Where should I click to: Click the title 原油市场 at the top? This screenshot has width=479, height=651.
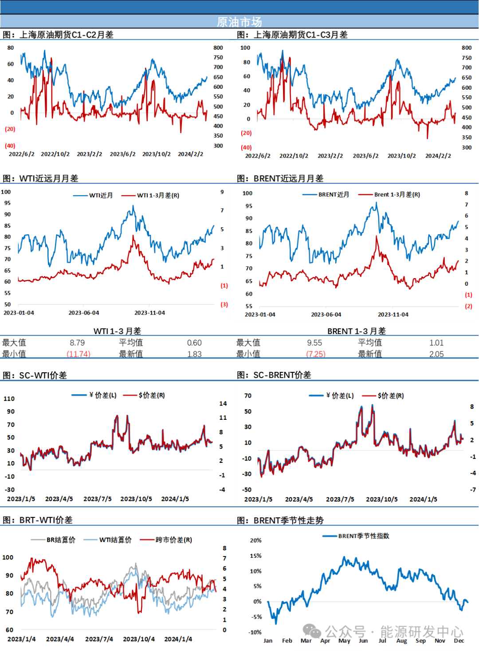coord(239,22)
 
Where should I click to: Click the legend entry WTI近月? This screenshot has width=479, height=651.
coord(101,195)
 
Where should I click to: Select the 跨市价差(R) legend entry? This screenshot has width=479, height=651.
coord(173,540)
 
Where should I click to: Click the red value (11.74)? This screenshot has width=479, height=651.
coord(79,354)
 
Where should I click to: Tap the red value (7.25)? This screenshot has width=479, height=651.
coord(316,354)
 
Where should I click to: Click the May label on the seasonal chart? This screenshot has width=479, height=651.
coord(344,640)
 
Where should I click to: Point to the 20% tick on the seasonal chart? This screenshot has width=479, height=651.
coord(255,540)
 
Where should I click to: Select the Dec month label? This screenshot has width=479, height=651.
coord(459,640)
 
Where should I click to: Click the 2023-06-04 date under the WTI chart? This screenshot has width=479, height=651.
coord(84,313)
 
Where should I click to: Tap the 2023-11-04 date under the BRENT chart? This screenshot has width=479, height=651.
coord(393,314)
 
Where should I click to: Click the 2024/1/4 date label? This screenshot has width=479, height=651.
coord(178,639)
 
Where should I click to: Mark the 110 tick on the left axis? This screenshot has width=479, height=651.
coord(9,398)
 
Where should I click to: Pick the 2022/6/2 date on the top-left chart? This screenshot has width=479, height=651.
coord(21,154)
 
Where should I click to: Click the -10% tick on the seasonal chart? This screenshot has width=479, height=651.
coord(255,632)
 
